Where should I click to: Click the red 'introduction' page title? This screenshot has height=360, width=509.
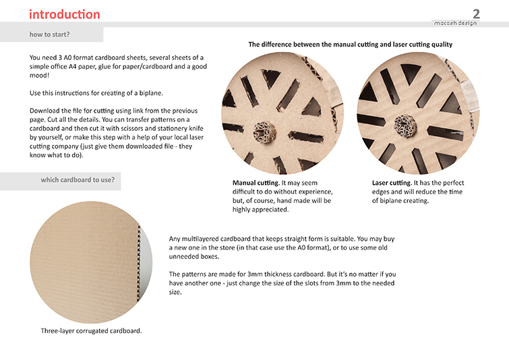pos(65,14)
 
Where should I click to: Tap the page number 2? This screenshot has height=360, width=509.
pos(476,13)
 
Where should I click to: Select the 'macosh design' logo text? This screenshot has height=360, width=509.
pos(456,23)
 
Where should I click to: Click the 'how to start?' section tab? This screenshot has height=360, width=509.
pos(49,34)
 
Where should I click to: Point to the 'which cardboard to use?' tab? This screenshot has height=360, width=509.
pos(78,180)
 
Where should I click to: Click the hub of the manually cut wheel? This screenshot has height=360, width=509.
pos(264,132)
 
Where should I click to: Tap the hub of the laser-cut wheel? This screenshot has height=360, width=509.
pos(405,126)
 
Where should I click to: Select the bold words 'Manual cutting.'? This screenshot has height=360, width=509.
pos(256,183)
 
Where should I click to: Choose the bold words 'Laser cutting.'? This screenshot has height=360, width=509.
pos(392,183)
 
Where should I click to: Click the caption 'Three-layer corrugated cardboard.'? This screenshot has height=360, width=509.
pos(91,331)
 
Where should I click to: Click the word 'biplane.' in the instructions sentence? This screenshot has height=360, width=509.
pos(151,93)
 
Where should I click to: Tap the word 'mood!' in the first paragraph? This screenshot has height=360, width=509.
pos(39,76)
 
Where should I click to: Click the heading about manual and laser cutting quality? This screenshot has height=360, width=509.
pos(351,44)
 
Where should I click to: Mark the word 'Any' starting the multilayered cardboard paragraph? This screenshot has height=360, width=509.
pos(175,239)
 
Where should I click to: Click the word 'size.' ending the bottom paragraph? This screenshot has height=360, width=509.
pos(175,292)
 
